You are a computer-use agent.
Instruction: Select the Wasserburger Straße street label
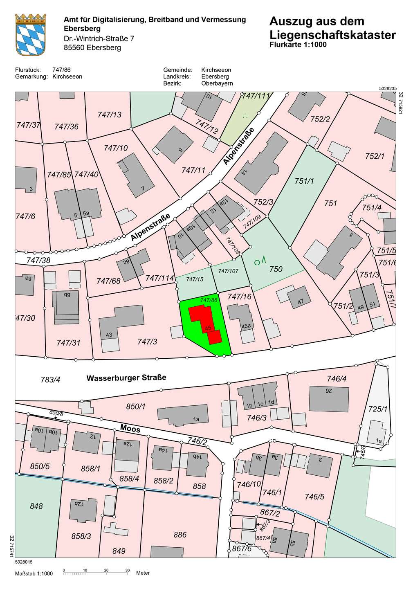click(x=126, y=378)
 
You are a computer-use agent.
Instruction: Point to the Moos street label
click(x=130, y=429)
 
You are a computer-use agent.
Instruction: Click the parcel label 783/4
click(x=50, y=380)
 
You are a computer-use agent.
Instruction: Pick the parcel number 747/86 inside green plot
click(x=209, y=300)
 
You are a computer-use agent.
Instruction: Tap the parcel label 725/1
click(x=377, y=409)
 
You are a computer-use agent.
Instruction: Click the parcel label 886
click(x=180, y=535)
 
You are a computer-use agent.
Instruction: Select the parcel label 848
click(x=36, y=506)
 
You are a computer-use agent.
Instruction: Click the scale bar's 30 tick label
click(x=127, y=570)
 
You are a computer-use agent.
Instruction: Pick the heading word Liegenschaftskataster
click(x=332, y=35)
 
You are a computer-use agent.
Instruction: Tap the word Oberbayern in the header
click(x=217, y=83)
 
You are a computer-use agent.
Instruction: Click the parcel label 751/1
click(x=304, y=181)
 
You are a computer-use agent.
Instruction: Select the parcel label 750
click(x=276, y=269)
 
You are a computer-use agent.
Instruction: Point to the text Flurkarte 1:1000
click(x=298, y=45)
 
